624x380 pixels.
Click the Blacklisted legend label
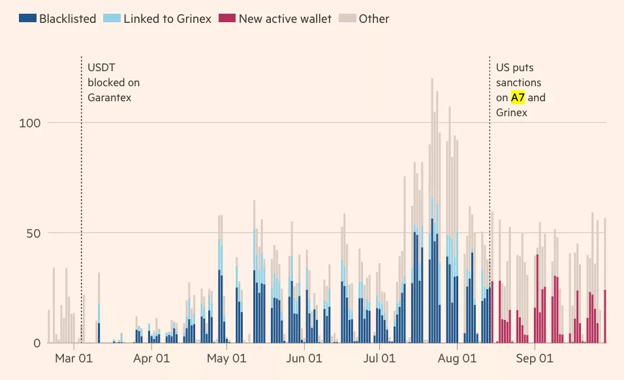67,18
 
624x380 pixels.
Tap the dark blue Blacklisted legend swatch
27,18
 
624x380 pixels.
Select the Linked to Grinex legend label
167,18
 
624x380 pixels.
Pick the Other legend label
374,18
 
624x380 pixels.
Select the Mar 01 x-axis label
74,358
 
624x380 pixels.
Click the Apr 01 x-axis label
151,358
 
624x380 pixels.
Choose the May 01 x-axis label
226,358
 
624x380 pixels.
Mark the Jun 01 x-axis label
304,358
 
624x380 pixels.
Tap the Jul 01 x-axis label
379,358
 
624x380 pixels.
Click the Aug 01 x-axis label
457,358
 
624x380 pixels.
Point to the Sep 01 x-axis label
534,358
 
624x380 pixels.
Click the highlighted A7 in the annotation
518,98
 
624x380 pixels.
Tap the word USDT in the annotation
101,68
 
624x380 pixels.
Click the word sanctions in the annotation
518,83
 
